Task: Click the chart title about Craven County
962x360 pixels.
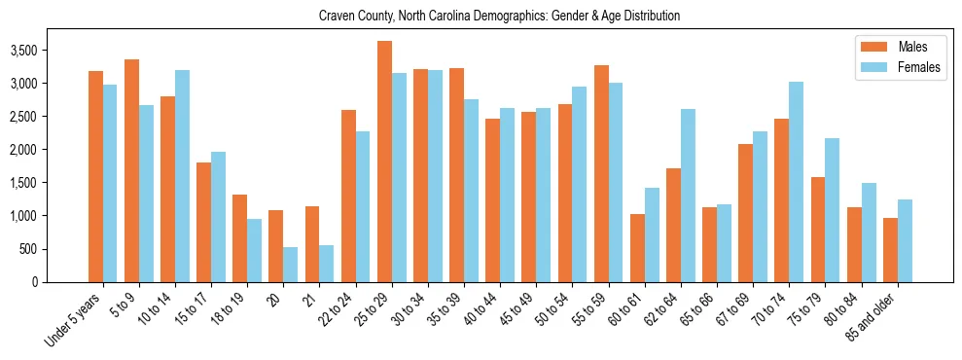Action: [499, 16]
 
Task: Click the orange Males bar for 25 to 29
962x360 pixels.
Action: [384, 162]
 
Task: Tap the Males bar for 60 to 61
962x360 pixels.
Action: [637, 248]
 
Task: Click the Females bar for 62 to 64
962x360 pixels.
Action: [688, 196]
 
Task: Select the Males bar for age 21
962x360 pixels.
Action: [312, 244]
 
